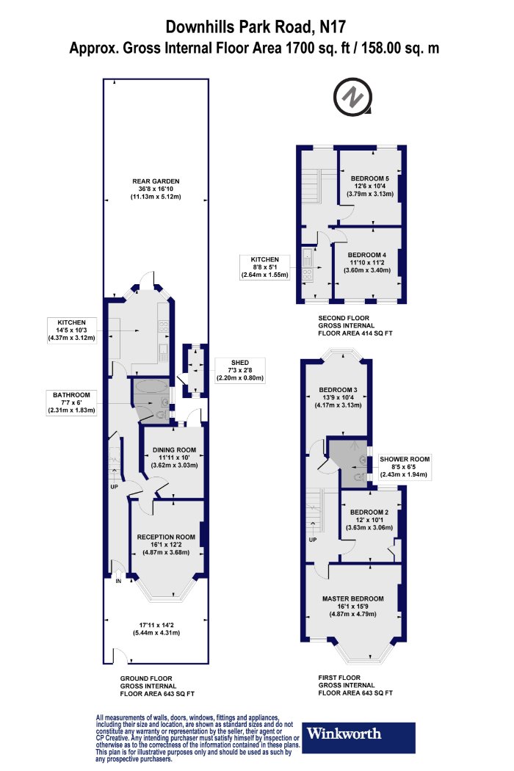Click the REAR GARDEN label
pyautogui.click(x=156, y=181)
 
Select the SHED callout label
pyautogui.click(x=240, y=363)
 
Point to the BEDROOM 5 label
pyautogui.click(x=370, y=178)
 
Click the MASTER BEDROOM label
pyautogui.click(x=352, y=598)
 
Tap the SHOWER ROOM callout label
pyautogui.click(x=405, y=459)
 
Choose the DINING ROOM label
pyautogui.click(x=174, y=449)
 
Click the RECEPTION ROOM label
pyautogui.click(x=166, y=537)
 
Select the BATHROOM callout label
pyautogui.click(x=72, y=395)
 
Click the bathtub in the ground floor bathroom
pyautogui.click(x=151, y=386)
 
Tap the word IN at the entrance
pyautogui.click(x=118, y=582)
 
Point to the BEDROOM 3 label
pyautogui.click(x=338, y=390)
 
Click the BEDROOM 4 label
pyautogui.click(x=367, y=255)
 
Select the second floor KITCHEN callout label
pyautogui.click(x=264, y=260)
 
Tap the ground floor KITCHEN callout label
pyautogui.click(x=72, y=322)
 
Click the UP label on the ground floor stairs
pyautogui.click(x=114, y=487)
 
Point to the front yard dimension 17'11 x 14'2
pyautogui.click(x=156, y=625)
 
